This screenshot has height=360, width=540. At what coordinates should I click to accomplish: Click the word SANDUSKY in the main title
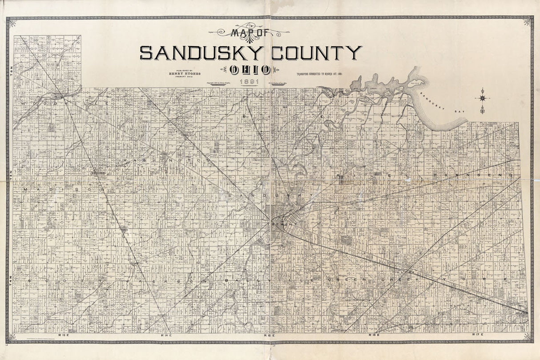coord(203,53)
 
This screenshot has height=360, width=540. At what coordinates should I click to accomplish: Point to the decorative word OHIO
coord(251,69)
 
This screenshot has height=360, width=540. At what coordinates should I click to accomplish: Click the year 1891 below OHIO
coord(247,81)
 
